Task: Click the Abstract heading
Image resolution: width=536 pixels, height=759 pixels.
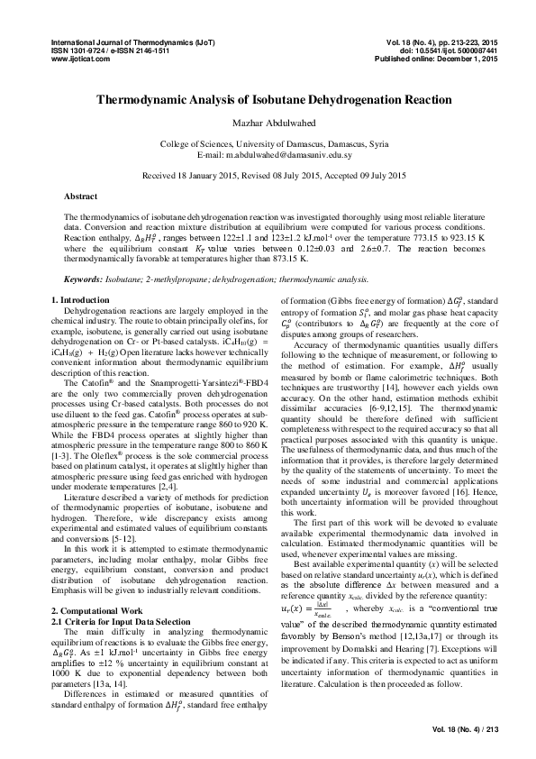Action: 81,196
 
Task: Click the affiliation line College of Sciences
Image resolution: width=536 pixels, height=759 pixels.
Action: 268,144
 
